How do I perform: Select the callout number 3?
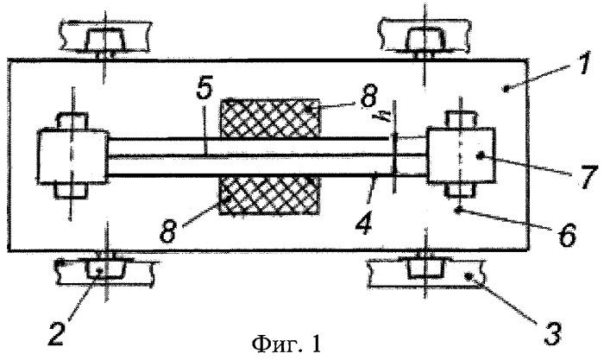click(x=551, y=332)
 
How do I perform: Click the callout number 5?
click(x=204, y=89)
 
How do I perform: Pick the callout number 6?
click(x=567, y=234)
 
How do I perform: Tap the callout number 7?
click(x=587, y=176)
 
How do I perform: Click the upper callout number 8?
click(x=368, y=96)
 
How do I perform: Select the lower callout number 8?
click(x=168, y=230)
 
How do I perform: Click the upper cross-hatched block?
click(x=270, y=117)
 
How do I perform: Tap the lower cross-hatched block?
click(x=268, y=195)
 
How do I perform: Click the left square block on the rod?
click(x=72, y=156)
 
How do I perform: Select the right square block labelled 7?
click(x=461, y=155)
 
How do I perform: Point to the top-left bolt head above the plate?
click(x=104, y=41)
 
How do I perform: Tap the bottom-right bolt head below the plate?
click(x=425, y=268)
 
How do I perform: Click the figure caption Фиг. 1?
click(x=286, y=344)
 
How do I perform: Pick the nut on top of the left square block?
click(x=72, y=121)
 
